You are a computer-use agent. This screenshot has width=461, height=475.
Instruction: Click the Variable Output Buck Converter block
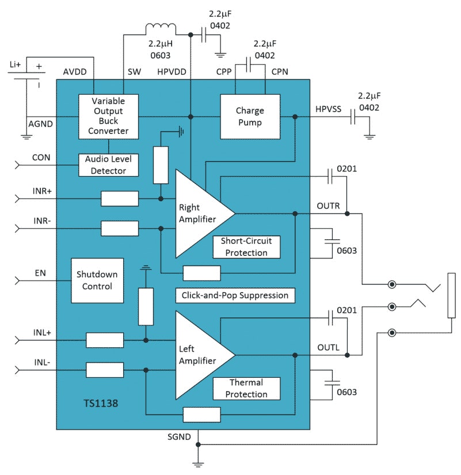109,116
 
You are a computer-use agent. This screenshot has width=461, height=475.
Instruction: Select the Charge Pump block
249,116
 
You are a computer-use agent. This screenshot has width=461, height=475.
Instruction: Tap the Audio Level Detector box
109,165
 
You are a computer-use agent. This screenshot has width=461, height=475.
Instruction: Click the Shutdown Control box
97,280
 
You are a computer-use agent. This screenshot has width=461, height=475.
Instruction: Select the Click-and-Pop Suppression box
235,295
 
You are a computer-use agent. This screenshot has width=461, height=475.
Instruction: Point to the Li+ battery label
15,65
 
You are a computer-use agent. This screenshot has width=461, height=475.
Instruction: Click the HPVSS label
328,108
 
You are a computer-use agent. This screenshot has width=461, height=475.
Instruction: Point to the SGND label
178,438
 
